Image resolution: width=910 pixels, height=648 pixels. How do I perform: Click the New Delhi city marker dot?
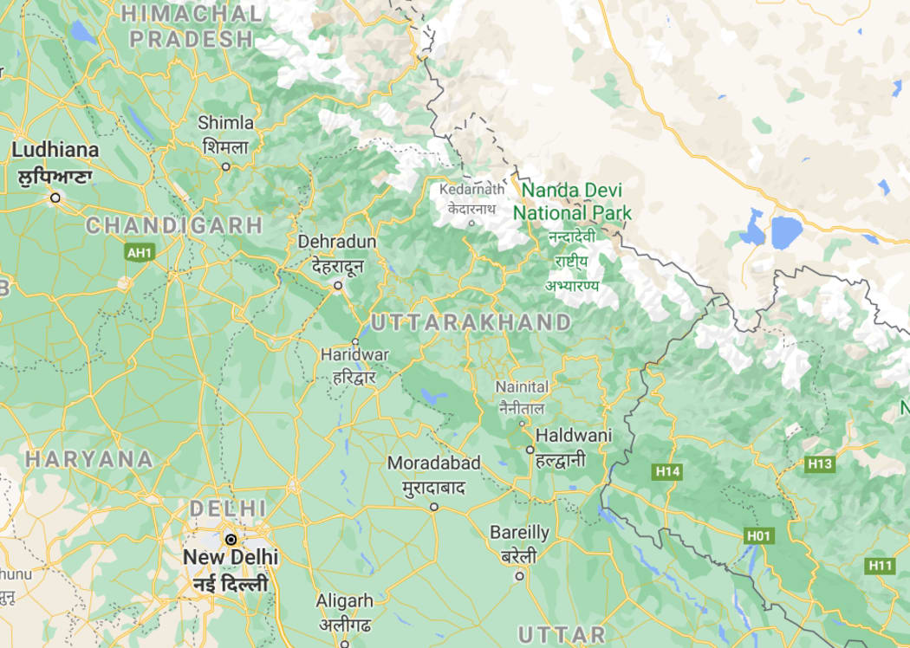[x=231, y=539]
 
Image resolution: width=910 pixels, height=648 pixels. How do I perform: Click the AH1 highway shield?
[x=138, y=252]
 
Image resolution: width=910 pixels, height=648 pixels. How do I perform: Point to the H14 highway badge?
[x=667, y=471]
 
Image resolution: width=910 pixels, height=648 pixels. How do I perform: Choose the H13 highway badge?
[x=819, y=464]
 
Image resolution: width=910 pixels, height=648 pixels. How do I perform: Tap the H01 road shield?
[x=758, y=536]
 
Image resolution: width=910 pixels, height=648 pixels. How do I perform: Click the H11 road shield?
[x=881, y=566]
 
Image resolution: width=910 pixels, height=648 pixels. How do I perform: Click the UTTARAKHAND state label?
[x=471, y=322]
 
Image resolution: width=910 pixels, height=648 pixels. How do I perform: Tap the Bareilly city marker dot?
[x=520, y=575]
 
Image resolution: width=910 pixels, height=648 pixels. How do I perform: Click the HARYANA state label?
[x=89, y=458]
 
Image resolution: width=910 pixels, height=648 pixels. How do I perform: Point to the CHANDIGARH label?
[x=173, y=225]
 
